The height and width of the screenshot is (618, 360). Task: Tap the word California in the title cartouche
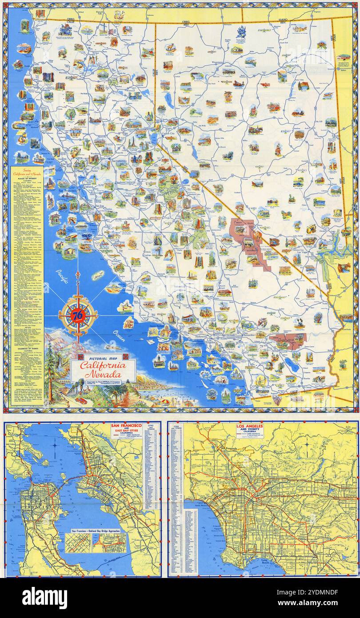[103, 366]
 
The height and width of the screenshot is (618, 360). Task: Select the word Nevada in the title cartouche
[103, 375]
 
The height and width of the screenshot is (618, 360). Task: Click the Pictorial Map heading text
[103, 357]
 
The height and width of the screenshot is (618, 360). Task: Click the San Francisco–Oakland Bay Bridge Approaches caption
[96, 531]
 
